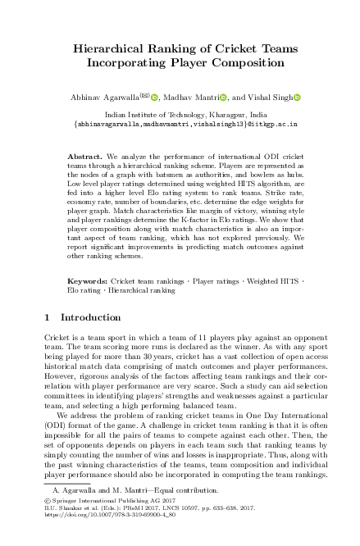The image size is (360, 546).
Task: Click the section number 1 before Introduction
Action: [48, 316]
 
